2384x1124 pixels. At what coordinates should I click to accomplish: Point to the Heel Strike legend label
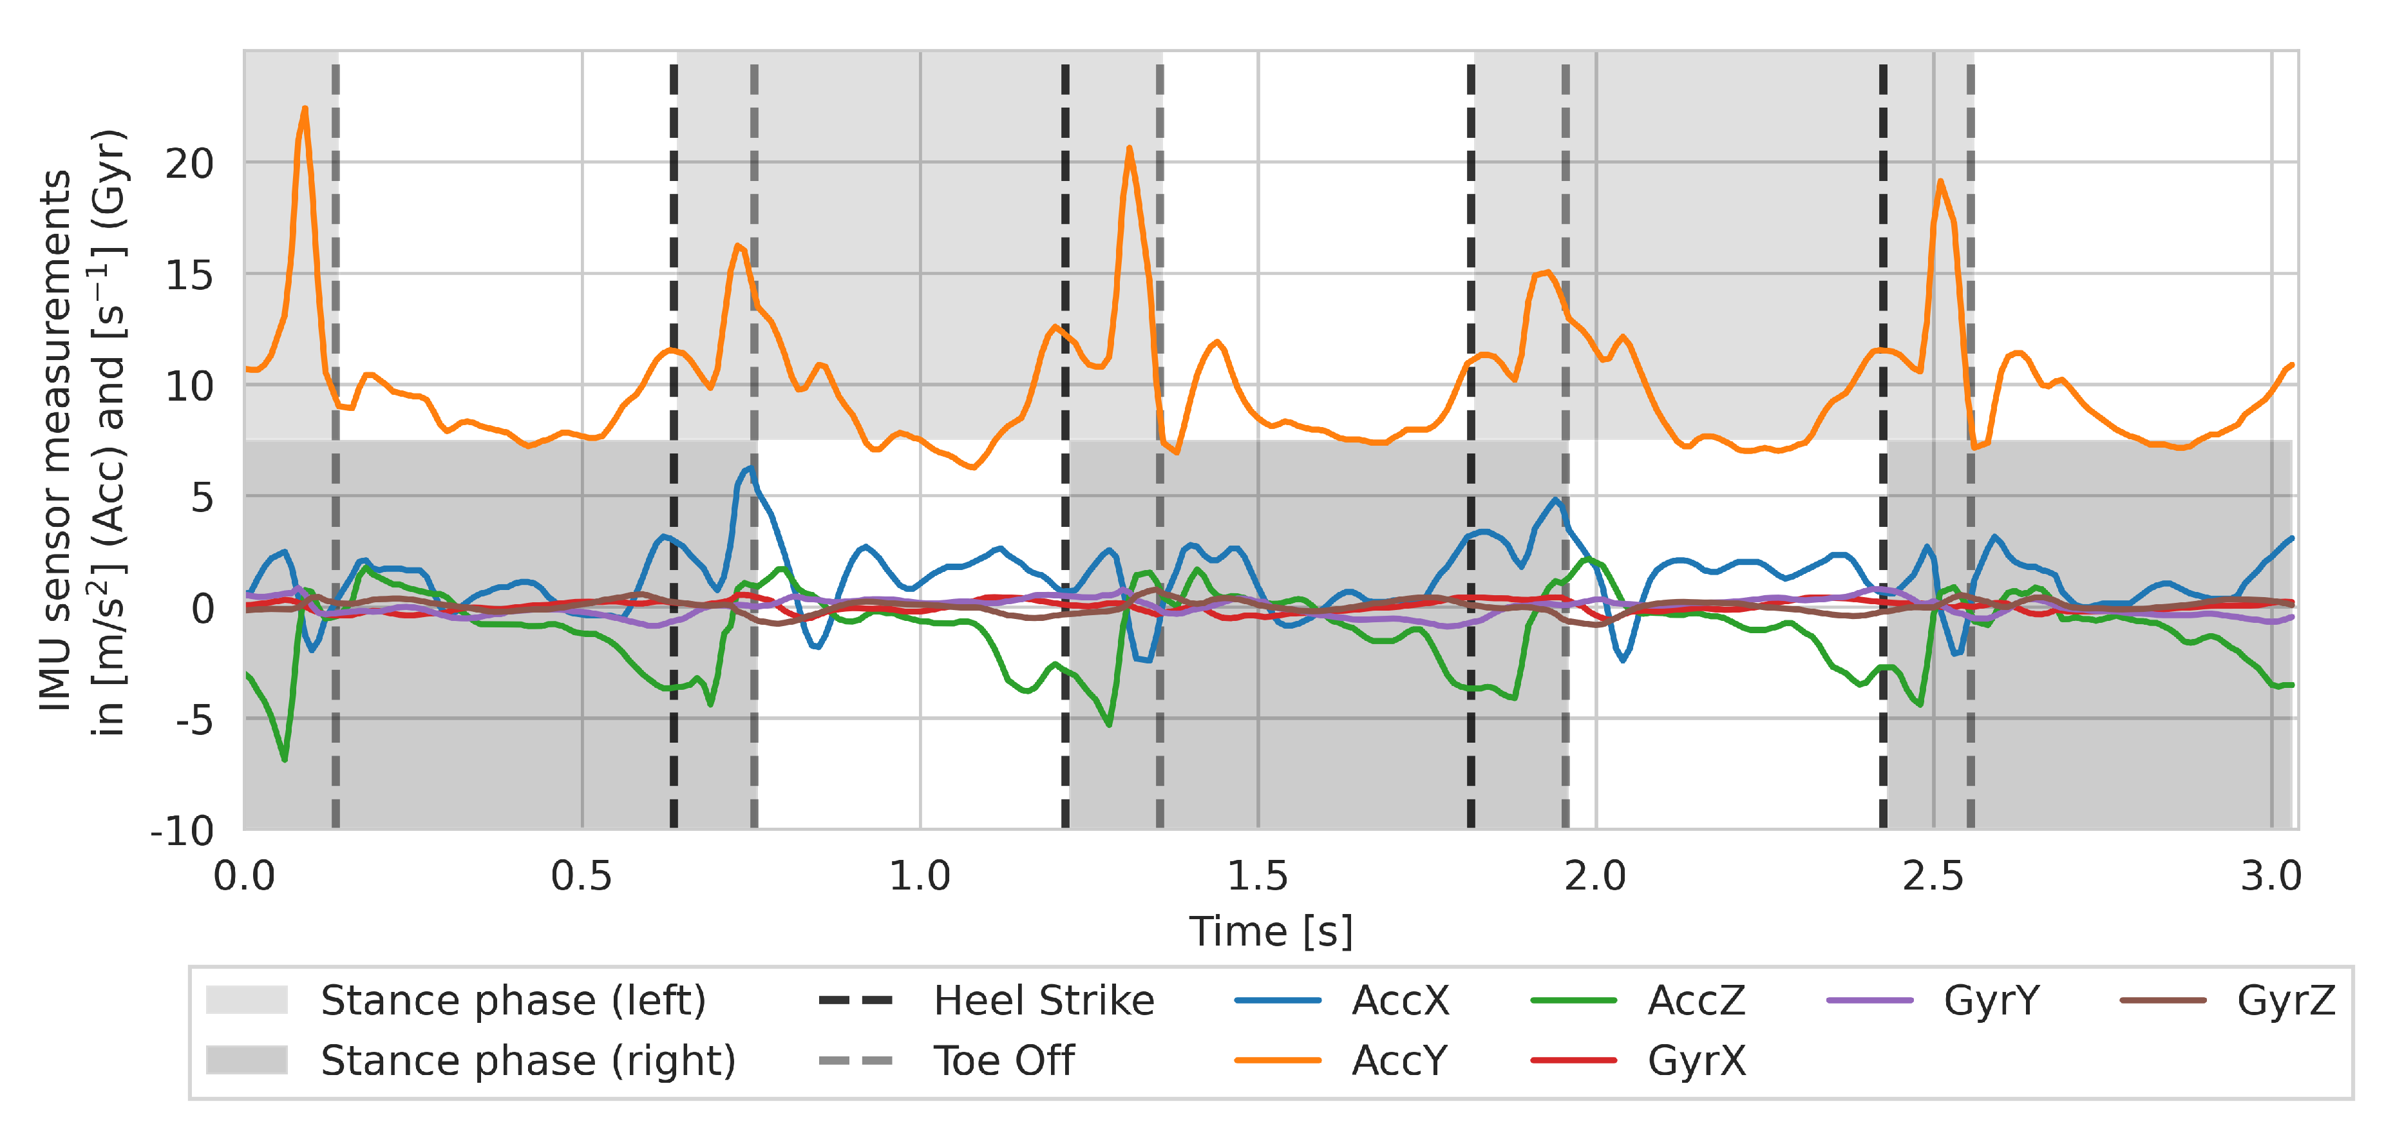pos(1043,1001)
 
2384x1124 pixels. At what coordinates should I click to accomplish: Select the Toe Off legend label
pos(1003,1061)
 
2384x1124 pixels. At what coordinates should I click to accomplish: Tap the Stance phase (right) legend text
pos(527,1061)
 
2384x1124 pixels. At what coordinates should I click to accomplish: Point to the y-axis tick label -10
pos(182,832)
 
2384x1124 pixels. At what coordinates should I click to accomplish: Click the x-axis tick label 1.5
pos(1257,876)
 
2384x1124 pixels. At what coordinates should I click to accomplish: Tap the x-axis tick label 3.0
pos(2270,876)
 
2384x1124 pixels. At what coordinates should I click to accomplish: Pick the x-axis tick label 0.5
pos(582,876)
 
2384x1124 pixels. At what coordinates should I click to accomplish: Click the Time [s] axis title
pos(1271,931)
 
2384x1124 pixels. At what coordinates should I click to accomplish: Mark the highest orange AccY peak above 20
pos(305,110)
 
